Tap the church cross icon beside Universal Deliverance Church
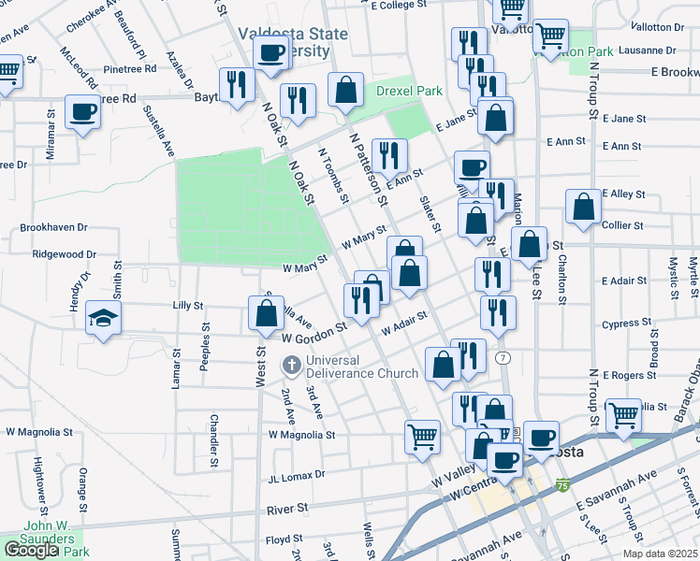click(291, 365)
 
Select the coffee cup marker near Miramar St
click(83, 113)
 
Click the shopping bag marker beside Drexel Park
click(346, 92)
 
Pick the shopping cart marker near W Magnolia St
click(423, 435)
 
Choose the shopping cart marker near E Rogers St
click(623, 414)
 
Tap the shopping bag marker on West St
click(266, 313)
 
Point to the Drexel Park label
click(409, 91)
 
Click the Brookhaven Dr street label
click(53, 227)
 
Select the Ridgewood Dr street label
click(65, 253)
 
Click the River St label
click(287, 509)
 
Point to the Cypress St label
click(626, 324)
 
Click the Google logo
click(31, 550)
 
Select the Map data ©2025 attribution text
click(660, 554)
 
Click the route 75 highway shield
click(561, 485)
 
